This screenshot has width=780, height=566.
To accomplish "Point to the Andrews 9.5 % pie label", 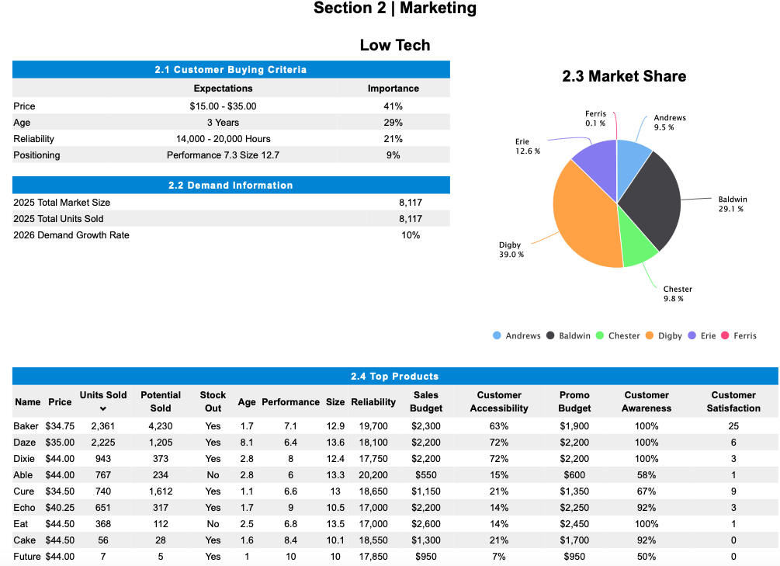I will [669, 123].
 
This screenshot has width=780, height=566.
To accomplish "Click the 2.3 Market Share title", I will [623, 76].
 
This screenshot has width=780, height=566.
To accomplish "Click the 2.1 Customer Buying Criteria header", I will [231, 70].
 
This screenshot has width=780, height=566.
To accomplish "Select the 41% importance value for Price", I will [393, 106].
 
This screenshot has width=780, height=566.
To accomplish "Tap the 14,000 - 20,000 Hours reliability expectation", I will [223, 139].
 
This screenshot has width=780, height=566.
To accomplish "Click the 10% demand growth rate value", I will [410, 235].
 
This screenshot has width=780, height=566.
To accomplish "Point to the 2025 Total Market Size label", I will [61, 203].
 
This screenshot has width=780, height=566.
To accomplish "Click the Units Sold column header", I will [102, 395].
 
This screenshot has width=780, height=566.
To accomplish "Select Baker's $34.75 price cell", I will [60, 426].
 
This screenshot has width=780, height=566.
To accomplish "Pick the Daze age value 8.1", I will [247, 443].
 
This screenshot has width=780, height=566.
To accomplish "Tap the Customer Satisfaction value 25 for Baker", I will [733, 426].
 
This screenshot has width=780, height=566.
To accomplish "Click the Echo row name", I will [24, 508].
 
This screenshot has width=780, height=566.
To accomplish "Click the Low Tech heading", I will [394, 45].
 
